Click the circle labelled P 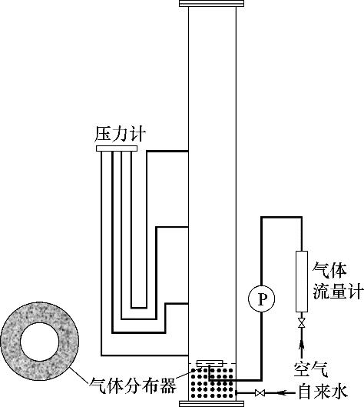pyautogui.click(x=261, y=299)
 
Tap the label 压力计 pyautogui.click(x=120, y=134)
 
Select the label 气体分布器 pyautogui.click(x=133, y=385)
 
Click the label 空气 pyautogui.click(x=311, y=369)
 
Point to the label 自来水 pyautogui.click(x=323, y=392)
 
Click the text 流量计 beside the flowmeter pyautogui.click(x=337, y=291)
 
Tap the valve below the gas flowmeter pyautogui.click(x=301, y=323)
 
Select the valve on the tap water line pyautogui.click(x=260, y=393)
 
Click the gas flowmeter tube pyautogui.click(x=302, y=282)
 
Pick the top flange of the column pyautogui.click(x=211, y=3)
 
